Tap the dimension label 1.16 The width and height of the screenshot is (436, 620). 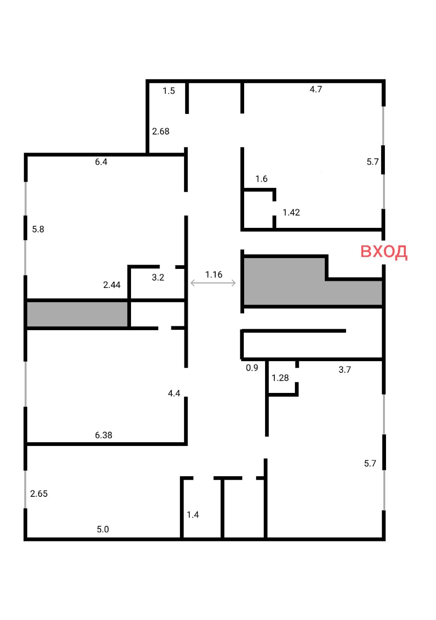(x=214, y=275)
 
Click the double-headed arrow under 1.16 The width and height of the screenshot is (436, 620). (x=213, y=283)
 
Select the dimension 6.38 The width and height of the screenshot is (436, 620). (x=103, y=435)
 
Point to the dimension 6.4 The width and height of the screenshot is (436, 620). (x=101, y=162)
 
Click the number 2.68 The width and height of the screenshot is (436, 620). (x=160, y=131)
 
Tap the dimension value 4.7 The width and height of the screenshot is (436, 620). (x=315, y=89)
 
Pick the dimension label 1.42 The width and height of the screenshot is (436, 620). (x=291, y=212)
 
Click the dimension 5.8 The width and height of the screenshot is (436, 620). (x=38, y=229)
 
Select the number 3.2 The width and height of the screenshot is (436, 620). (x=158, y=277)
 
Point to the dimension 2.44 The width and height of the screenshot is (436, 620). (x=112, y=285)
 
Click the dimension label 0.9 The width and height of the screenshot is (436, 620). (x=252, y=368)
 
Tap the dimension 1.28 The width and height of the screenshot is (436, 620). (x=280, y=378)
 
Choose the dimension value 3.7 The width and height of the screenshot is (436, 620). (x=345, y=370)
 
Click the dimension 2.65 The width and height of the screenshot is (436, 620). (x=39, y=494)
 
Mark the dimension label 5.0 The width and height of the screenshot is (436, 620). (x=103, y=529)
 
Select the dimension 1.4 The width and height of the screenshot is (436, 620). (x=193, y=515)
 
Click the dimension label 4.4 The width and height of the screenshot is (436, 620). (x=174, y=393)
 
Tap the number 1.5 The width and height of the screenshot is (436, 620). (x=169, y=91)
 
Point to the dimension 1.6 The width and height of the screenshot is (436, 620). (x=261, y=179)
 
